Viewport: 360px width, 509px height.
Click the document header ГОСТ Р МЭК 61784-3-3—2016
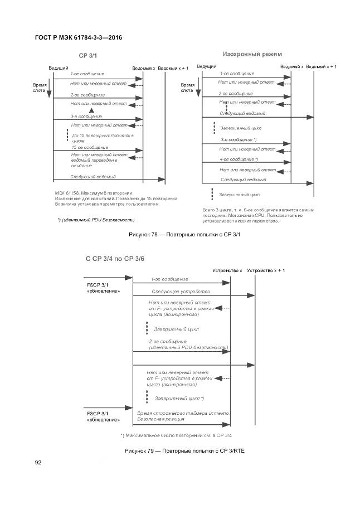[x=79, y=38]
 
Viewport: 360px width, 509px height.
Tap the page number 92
[x=38, y=462]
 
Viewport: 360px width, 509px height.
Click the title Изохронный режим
[x=252, y=54]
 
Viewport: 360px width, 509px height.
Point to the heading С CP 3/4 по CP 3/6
[x=115, y=259]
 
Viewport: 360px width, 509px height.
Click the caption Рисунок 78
[x=184, y=234]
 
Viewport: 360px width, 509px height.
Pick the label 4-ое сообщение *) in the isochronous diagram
[x=239, y=159]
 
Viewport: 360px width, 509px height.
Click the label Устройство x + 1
[x=266, y=270]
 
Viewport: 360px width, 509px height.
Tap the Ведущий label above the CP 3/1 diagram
[x=59, y=67]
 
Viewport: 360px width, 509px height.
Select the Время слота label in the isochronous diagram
[x=187, y=88]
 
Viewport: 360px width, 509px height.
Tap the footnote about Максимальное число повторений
[x=176, y=435]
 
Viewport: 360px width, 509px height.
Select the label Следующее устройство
[x=181, y=292]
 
